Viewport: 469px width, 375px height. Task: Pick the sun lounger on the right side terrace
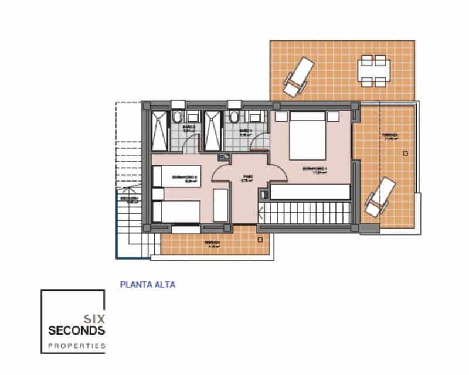tap(380, 196)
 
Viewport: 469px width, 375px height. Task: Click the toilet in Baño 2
tap(178, 115)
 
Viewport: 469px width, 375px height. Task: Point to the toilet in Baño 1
tap(235, 115)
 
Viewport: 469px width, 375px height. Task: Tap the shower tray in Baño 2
tap(159, 130)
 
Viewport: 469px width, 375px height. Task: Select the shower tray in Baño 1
tap(213, 130)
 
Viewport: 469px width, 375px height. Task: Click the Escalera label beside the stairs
tap(129, 201)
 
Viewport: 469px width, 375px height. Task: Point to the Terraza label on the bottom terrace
tap(212, 243)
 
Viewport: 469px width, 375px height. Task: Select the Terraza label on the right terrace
tap(390, 136)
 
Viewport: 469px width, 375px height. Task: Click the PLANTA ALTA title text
tap(147, 285)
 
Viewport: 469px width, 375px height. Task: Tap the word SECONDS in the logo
tap(76, 331)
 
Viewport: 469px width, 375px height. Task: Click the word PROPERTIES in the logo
tap(76, 346)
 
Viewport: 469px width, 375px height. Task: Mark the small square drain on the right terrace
tap(405, 153)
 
